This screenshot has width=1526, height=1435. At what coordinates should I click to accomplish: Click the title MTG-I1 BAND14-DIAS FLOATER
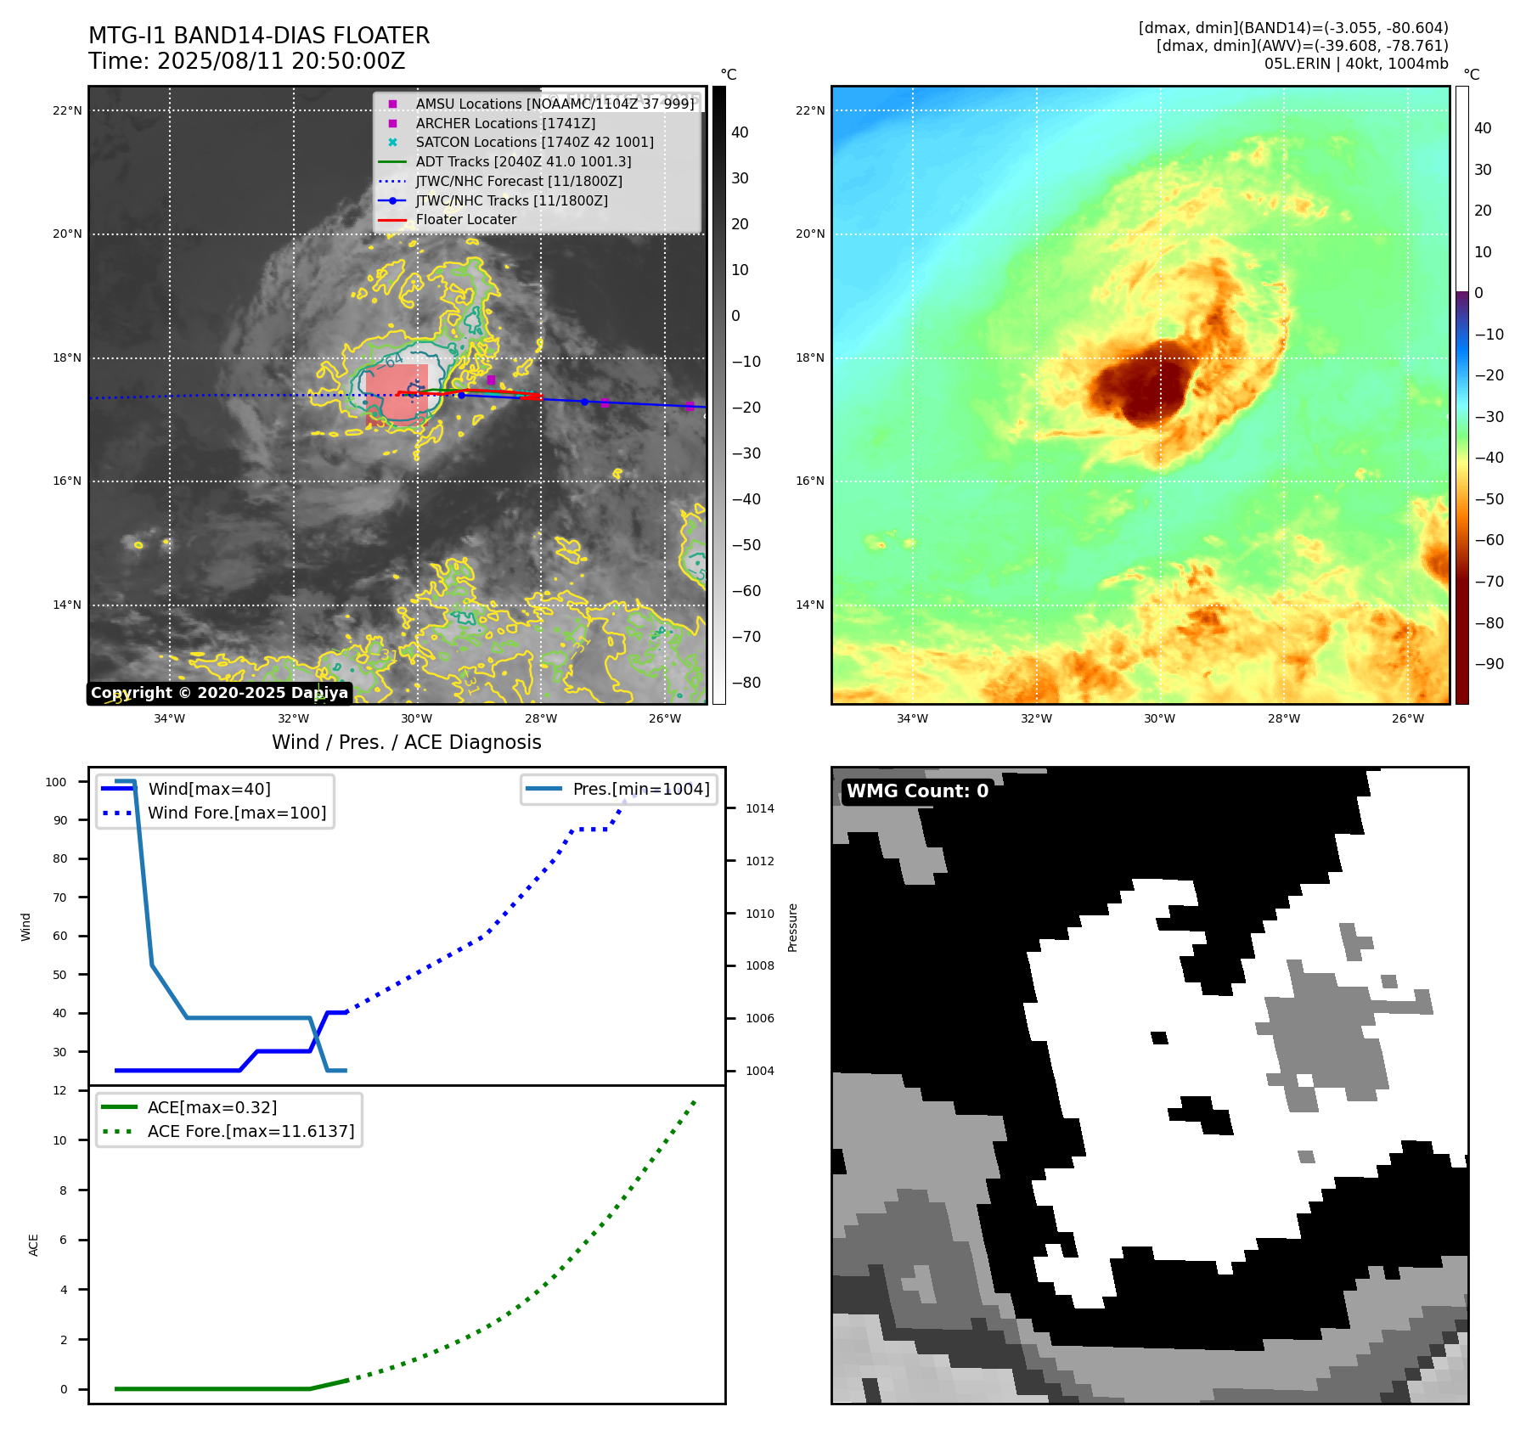pyautogui.click(x=259, y=36)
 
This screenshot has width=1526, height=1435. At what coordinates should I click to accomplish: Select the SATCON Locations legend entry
pyautogui.click(x=534, y=142)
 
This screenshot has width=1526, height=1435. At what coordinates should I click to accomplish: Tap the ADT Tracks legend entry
pyautogui.click(x=523, y=161)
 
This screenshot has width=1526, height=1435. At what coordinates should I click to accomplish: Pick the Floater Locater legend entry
pyautogui.click(x=465, y=219)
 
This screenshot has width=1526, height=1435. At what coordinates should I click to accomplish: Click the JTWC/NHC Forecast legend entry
pyautogui.click(x=518, y=181)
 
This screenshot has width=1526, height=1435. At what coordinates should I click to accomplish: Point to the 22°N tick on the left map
pyautogui.click(x=67, y=110)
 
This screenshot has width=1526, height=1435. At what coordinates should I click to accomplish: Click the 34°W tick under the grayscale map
pyautogui.click(x=169, y=718)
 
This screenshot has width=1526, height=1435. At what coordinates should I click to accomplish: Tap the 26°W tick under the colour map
pyautogui.click(x=1407, y=718)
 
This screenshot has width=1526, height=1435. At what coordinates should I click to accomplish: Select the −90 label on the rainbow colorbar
pyautogui.click(x=1489, y=664)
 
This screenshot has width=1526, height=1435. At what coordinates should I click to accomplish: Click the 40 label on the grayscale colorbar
pyautogui.click(x=740, y=132)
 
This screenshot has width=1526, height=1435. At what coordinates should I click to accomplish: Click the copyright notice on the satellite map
pyautogui.click(x=219, y=693)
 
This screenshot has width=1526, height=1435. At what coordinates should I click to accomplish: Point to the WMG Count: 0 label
pyautogui.click(x=917, y=791)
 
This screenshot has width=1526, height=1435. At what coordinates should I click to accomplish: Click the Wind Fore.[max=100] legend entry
pyautogui.click(x=237, y=813)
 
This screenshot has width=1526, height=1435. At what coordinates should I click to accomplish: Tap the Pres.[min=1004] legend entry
pyautogui.click(x=640, y=789)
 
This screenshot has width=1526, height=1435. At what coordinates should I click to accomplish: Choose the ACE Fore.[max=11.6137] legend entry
pyautogui.click(x=251, y=1131)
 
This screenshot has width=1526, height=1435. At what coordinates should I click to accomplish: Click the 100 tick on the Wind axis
pyautogui.click(x=56, y=782)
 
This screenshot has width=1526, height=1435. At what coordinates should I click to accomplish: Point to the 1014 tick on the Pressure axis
pyautogui.click(x=759, y=808)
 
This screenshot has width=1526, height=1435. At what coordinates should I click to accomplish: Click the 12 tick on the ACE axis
pyautogui.click(x=59, y=1090)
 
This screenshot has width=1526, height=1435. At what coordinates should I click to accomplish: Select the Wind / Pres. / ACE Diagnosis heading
pyautogui.click(x=406, y=742)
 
